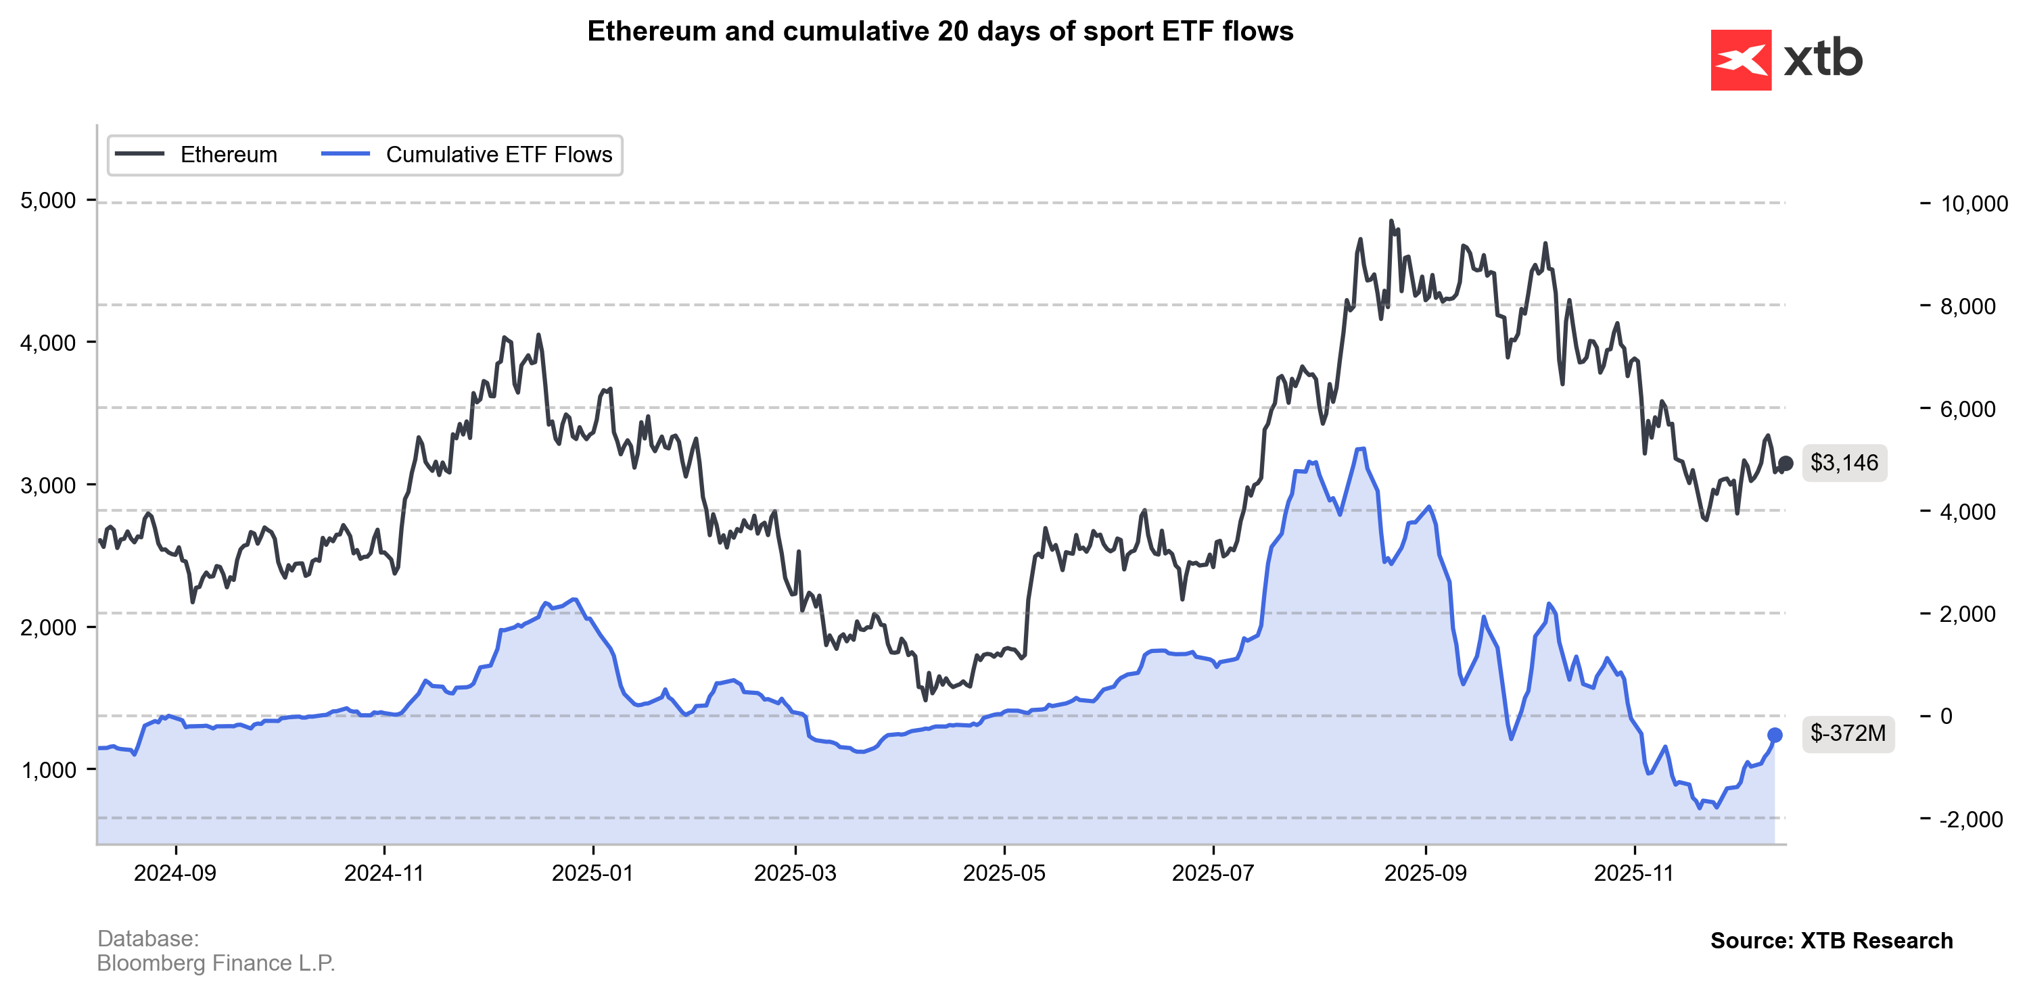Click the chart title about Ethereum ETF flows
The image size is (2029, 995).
coord(939,32)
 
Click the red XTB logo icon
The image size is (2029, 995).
coord(1741,60)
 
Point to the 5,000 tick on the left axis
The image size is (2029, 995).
coord(48,201)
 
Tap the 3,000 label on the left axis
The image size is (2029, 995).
coord(48,485)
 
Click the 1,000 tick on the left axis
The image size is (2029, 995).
coord(48,770)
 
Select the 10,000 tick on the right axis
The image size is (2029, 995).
coord(1974,204)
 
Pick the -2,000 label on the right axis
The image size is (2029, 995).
coord(1971,819)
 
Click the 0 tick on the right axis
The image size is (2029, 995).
coord(1946,717)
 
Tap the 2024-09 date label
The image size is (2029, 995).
coord(175,873)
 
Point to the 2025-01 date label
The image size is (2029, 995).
coord(592,873)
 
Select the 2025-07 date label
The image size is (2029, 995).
coord(1213,873)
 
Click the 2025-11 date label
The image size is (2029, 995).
coord(1633,873)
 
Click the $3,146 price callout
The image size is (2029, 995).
coord(1844,463)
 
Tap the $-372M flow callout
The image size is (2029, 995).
coord(1847,733)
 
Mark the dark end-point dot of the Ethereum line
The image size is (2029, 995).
coord(1786,464)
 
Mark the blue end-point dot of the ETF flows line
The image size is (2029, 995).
coord(1775,735)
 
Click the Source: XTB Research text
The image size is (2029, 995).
coord(1832,941)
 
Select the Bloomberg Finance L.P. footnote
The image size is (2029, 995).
coord(216,963)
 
